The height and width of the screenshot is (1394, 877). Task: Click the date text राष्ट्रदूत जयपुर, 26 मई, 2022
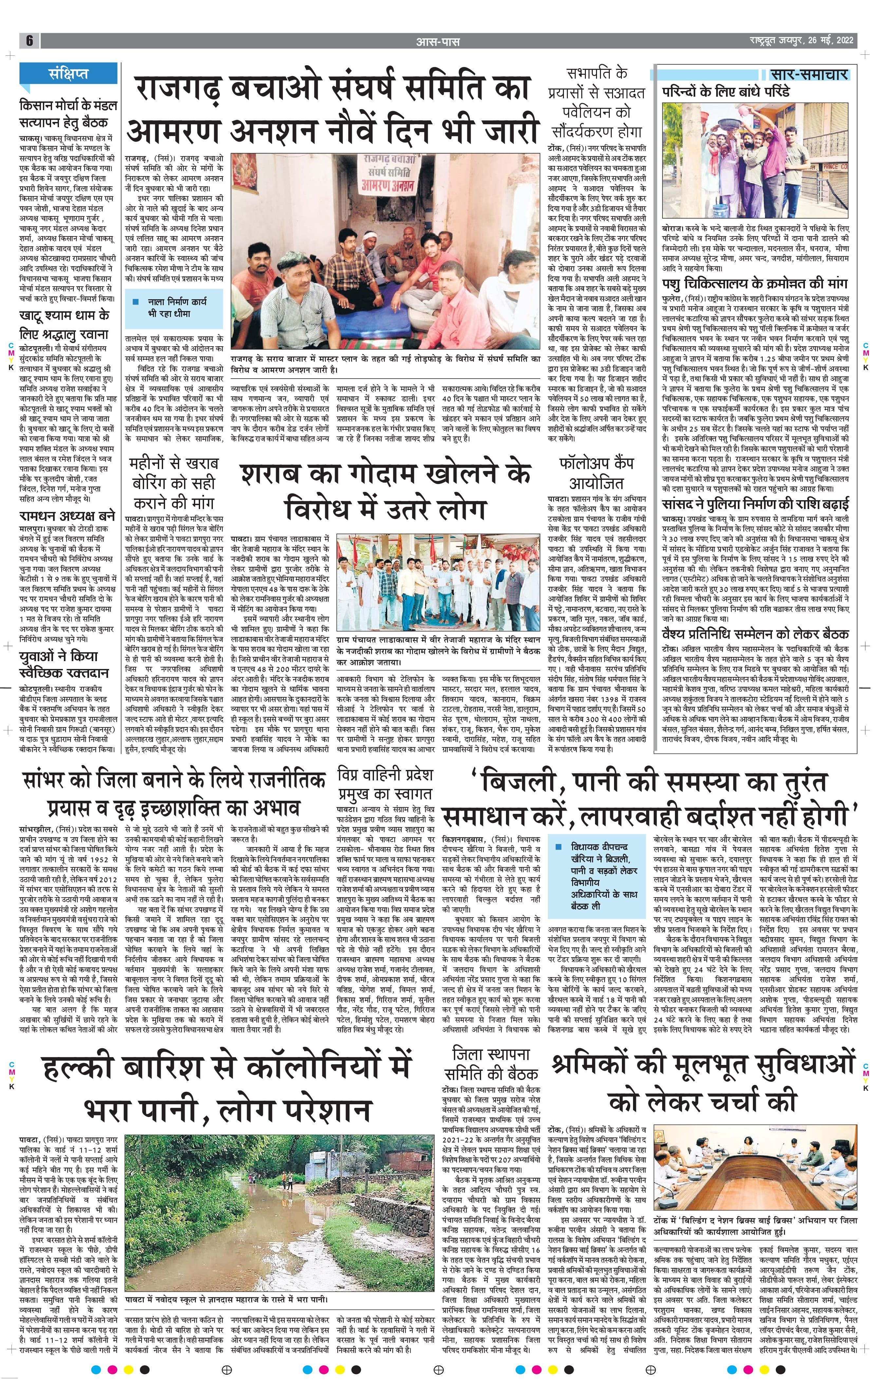pyautogui.click(x=798, y=41)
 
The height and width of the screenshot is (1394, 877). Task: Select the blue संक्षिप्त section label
pyautogui.click(x=68, y=74)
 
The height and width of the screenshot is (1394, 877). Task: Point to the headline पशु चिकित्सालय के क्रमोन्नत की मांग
pyautogui.click(x=755, y=284)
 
